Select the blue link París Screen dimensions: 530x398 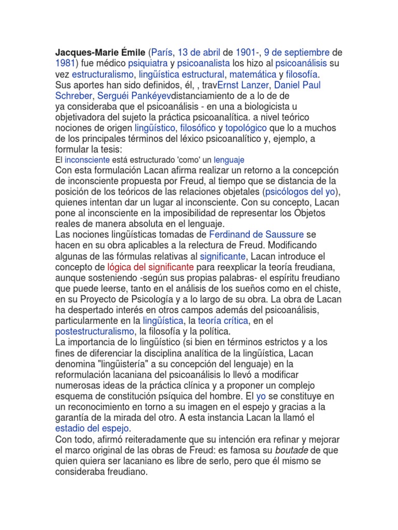pyautogui.click(x=162, y=53)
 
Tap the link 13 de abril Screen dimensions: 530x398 pyautogui.click(x=200, y=53)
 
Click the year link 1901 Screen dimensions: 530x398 pyautogui.click(x=246, y=53)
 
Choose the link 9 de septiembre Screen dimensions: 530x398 pyautogui.click(x=296, y=53)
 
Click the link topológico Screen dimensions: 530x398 pyautogui.click(x=246, y=128)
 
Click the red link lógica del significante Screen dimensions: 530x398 pyautogui.click(x=150, y=267)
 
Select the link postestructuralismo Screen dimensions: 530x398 pyautogui.click(x=94, y=332)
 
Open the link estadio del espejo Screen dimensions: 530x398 pyautogui.click(x=93, y=429)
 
